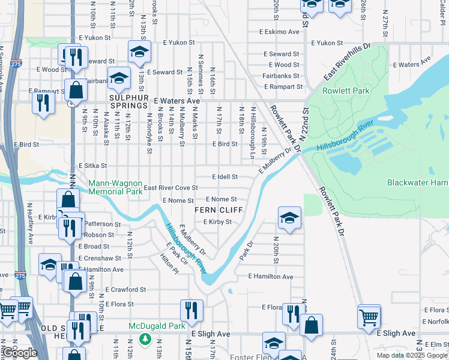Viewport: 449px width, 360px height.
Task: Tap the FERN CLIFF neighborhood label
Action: click(218, 210)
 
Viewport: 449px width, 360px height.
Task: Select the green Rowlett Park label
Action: click(340, 91)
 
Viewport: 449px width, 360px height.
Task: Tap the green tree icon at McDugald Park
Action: click(144, 339)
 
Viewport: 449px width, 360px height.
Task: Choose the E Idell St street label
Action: click(225, 177)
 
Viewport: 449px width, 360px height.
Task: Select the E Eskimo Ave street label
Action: click(279, 32)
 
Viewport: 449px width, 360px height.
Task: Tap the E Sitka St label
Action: click(93, 166)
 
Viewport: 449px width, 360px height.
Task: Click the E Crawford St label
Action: click(125, 289)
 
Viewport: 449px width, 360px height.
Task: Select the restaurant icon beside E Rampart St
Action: click(43, 102)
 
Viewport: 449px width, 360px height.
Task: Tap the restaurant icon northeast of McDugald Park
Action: click(189, 311)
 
